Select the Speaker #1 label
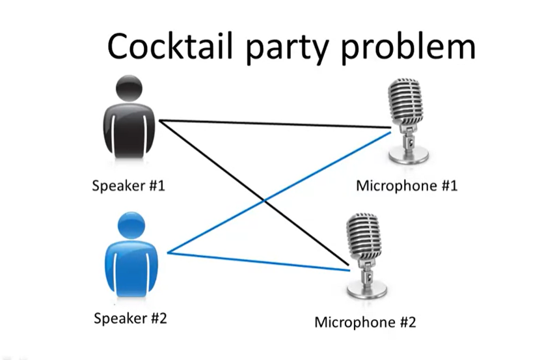pyautogui.click(x=129, y=186)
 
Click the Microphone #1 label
pyautogui.click(x=407, y=186)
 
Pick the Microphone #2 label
pyautogui.click(x=365, y=322)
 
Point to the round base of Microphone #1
pyautogui.click(x=409, y=156)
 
